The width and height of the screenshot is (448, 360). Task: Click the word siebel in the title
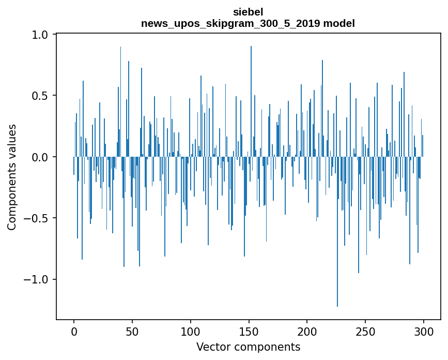pyautogui.click(x=248, y=12)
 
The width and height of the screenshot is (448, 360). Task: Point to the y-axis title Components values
pyautogui.click(x=12, y=177)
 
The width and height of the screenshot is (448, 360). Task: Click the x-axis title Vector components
pyautogui.click(x=248, y=347)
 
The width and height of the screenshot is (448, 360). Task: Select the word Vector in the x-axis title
pyautogui.click(x=212, y=347)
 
